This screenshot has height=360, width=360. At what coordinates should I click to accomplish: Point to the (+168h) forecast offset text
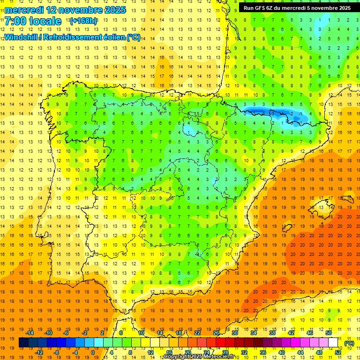coord(83,21)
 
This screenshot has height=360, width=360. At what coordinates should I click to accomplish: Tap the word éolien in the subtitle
coord(113,37)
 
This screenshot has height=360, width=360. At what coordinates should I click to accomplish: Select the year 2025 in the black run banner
coord(342,8)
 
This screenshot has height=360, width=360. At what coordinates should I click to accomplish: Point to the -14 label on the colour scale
coord(30,333)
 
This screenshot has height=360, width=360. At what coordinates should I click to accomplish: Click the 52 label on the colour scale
coord(338,352)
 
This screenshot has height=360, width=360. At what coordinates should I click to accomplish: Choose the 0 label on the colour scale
coord(92,352)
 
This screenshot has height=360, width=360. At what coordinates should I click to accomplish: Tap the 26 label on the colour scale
coord(216,333)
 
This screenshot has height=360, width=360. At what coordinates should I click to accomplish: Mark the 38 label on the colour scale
coord(272,333)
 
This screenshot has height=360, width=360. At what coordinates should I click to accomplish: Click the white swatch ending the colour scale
coord(333,343)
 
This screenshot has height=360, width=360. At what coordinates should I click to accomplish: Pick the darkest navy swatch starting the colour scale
coord(23,343)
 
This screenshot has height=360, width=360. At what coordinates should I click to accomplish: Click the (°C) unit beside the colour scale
coord(349,343)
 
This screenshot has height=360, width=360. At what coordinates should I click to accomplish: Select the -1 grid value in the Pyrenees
coord(300,113)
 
